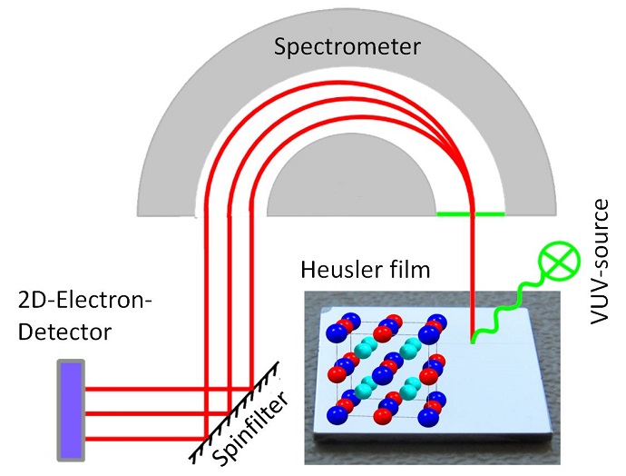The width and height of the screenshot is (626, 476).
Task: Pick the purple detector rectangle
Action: click(72, 410)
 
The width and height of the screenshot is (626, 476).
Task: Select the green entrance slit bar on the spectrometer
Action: click(470, 214)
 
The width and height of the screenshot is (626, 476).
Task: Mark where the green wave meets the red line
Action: click(473, 342)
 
